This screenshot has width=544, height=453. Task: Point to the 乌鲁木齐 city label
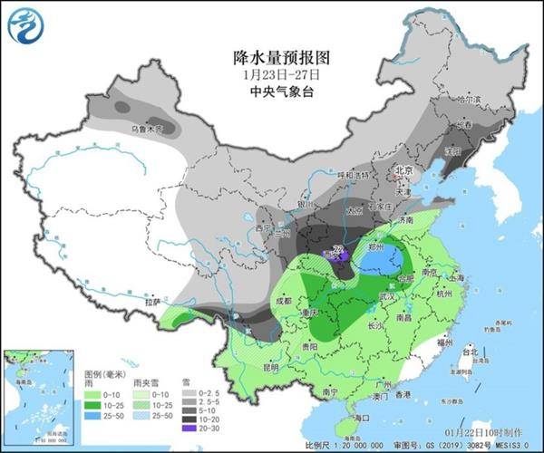145,130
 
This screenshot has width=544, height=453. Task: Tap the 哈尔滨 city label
466,99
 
